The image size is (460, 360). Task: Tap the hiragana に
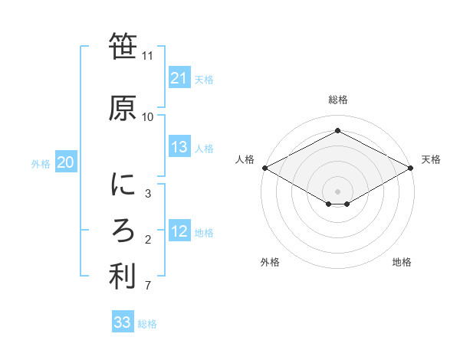coord(123,185)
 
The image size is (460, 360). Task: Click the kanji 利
coord(123,277)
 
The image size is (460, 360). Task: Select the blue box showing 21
coord(179,78)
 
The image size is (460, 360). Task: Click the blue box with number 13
coord(179,148)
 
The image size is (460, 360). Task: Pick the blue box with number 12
coord(179,232)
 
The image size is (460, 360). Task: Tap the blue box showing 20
coord(65,162)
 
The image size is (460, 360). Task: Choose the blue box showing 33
coord(123,322)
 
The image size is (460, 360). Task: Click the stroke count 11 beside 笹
coord(147,56)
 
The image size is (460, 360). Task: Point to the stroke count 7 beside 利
coord(147,286)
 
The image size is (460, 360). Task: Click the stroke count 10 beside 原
coord(147,116)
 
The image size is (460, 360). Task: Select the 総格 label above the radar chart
coord(337,100)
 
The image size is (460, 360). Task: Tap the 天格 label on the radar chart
coord(431,159)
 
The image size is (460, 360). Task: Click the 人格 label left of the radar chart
coord(245,159)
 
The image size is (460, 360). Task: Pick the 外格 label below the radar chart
coord(270,262)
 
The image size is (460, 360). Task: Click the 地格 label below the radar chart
coord(402,262)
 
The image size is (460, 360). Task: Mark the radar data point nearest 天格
coord(411,168)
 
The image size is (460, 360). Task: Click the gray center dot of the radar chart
coord(337,191)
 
